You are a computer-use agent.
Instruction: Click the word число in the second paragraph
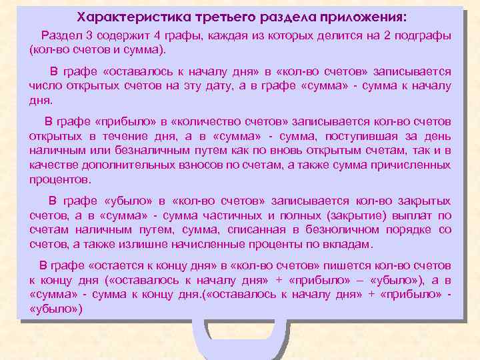click(x=45, y=85)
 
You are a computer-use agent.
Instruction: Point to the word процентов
click(x=59, y=180)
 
